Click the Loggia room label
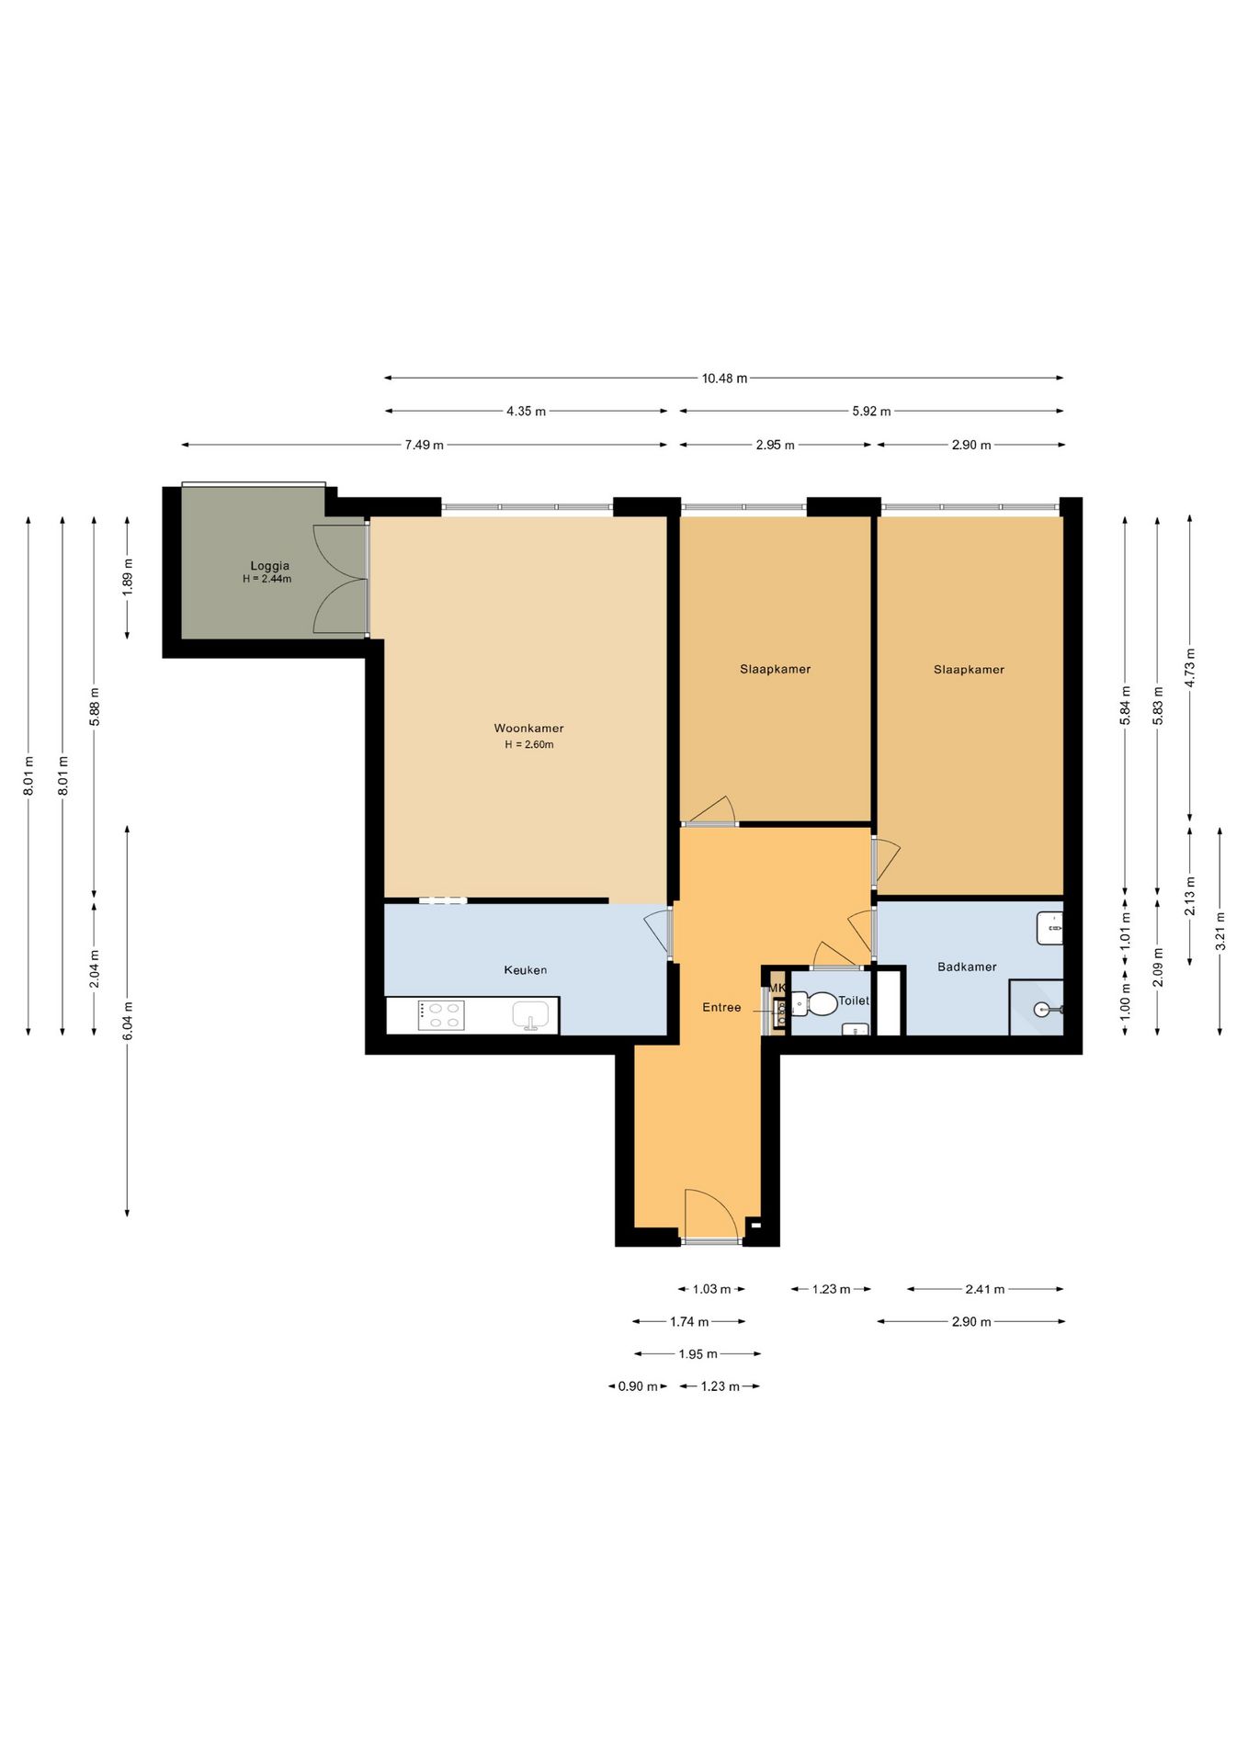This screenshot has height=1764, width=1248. [x=270, y=566]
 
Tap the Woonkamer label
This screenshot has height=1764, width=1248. [x=528, y=729]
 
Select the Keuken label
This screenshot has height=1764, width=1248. [x=526, y=970]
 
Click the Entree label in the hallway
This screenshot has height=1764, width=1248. [x=721, y=1008]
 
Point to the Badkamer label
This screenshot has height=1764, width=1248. [x=967, y=967]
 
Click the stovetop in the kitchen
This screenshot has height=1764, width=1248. [x=441, y=1015]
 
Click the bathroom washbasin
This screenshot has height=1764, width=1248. [x=1049, y=928]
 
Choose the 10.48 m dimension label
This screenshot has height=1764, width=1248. [x=724, y=379]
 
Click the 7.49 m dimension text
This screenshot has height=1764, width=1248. [x=425, y=446]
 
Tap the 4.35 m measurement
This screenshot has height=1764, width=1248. [x=526, y=412]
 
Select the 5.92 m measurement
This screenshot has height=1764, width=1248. [x=871, y=412]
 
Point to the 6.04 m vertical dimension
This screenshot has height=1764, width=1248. [x=128, y=1021]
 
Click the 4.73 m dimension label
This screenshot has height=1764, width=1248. [x=1190, y=668]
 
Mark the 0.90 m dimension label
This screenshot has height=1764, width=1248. [x=638, y=1386]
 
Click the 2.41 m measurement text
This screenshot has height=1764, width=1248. [x=985, y=1290]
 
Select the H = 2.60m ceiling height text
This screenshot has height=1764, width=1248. [x=529, y=745]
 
